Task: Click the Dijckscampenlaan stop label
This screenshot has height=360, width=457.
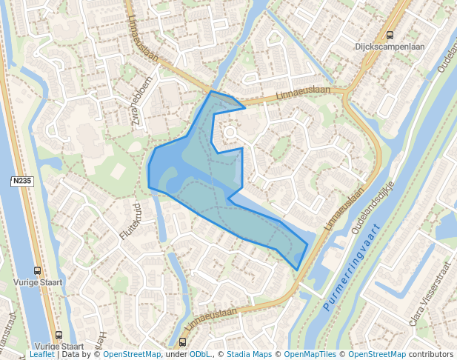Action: pos(390,46)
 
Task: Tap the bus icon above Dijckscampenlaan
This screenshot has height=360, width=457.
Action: pos(390,34)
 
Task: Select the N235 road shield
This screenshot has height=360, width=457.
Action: pos(21,181)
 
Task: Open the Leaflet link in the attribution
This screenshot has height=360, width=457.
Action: pos(41,354)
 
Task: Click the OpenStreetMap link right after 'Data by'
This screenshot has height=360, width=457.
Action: pos(132,354)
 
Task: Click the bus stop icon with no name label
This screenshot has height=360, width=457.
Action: pos(182,342)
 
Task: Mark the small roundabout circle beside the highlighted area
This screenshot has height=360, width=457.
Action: pos(230,133)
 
